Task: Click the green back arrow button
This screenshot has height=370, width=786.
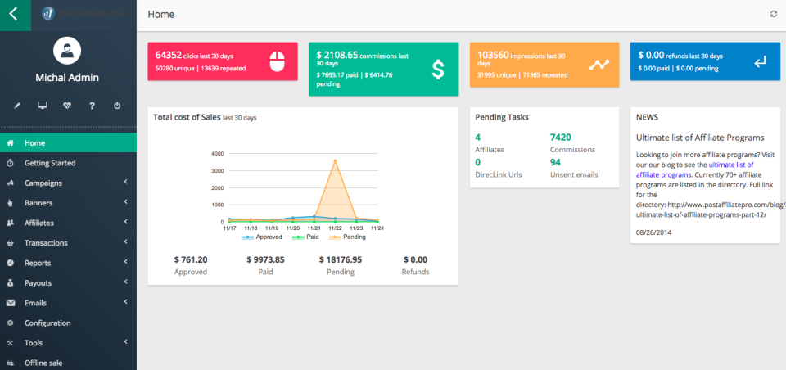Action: [x=14, y=14]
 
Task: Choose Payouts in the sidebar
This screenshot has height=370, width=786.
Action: [x=38, y=282]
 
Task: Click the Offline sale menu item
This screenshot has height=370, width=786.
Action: [x=43, y=363]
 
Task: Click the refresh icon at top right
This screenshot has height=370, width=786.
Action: [x=774, y=14]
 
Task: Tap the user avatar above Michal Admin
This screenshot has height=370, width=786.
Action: [x=67, y=52]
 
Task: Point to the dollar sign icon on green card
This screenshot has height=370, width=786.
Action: [x=438, y=70]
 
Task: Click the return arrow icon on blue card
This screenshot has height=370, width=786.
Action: [x=760, y=61]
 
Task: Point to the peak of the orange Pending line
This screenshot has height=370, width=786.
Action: [x=334, y=160]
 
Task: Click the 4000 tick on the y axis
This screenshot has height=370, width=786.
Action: [x=217, y=154]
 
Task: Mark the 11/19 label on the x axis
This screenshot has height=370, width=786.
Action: [x=272, y=228]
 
